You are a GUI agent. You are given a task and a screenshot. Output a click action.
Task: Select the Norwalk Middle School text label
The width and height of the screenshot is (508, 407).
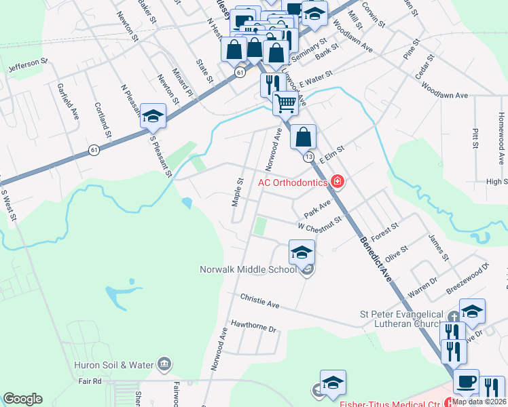tap(248, 269)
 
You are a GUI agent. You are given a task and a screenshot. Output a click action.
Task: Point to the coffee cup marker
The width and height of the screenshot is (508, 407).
tap(466, 381)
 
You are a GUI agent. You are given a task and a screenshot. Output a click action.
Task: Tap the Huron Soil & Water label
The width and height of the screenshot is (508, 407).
tap(113, 365)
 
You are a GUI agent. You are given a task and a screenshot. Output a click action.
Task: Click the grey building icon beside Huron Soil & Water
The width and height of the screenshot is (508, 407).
tap(164, 365)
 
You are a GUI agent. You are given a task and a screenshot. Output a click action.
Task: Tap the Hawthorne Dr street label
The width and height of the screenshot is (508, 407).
tap(255, 328)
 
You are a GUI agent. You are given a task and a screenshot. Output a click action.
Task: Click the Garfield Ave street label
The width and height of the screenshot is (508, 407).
tap(69, 102)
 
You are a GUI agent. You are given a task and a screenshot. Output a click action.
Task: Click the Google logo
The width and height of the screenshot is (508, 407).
tap(23, 399)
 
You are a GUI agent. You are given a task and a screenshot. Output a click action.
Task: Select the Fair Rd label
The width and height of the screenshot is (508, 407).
tap(89, 381)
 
